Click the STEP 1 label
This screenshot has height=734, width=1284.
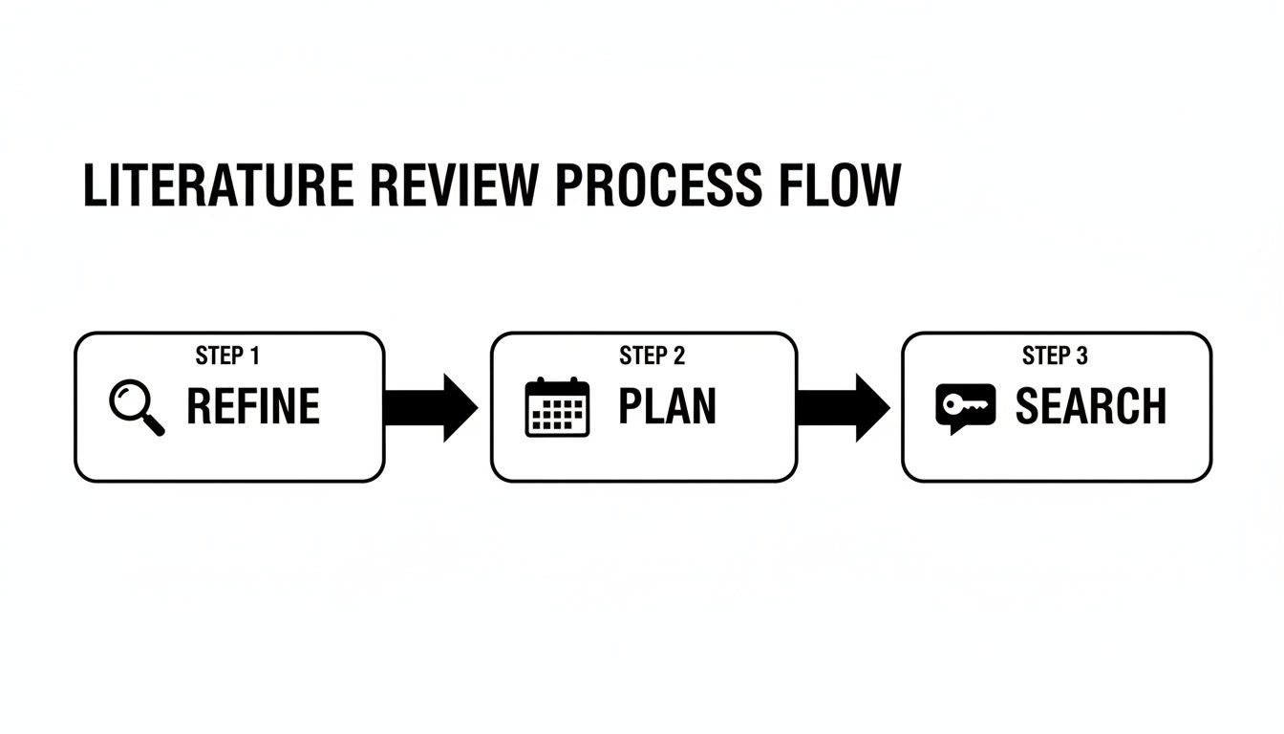[x=227, y=356]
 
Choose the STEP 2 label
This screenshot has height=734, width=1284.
[x=652, y=356]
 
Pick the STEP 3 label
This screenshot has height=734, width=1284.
[x=1055, y=356]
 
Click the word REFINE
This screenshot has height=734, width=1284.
[x=253, y=407]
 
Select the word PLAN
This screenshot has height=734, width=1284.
[x=667, y=407]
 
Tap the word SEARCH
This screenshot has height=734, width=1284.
[x=1090, y=407]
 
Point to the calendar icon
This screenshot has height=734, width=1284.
[x=558, y=408]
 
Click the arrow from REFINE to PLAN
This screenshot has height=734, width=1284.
[x=430, y=408]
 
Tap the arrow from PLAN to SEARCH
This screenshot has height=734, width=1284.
[x=842, y=408]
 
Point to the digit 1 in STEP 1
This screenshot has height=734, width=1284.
[x=254, y=356]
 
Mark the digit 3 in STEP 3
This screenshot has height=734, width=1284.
[x=1081, y=356]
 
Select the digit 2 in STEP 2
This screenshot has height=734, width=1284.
[x=678, y=356]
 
